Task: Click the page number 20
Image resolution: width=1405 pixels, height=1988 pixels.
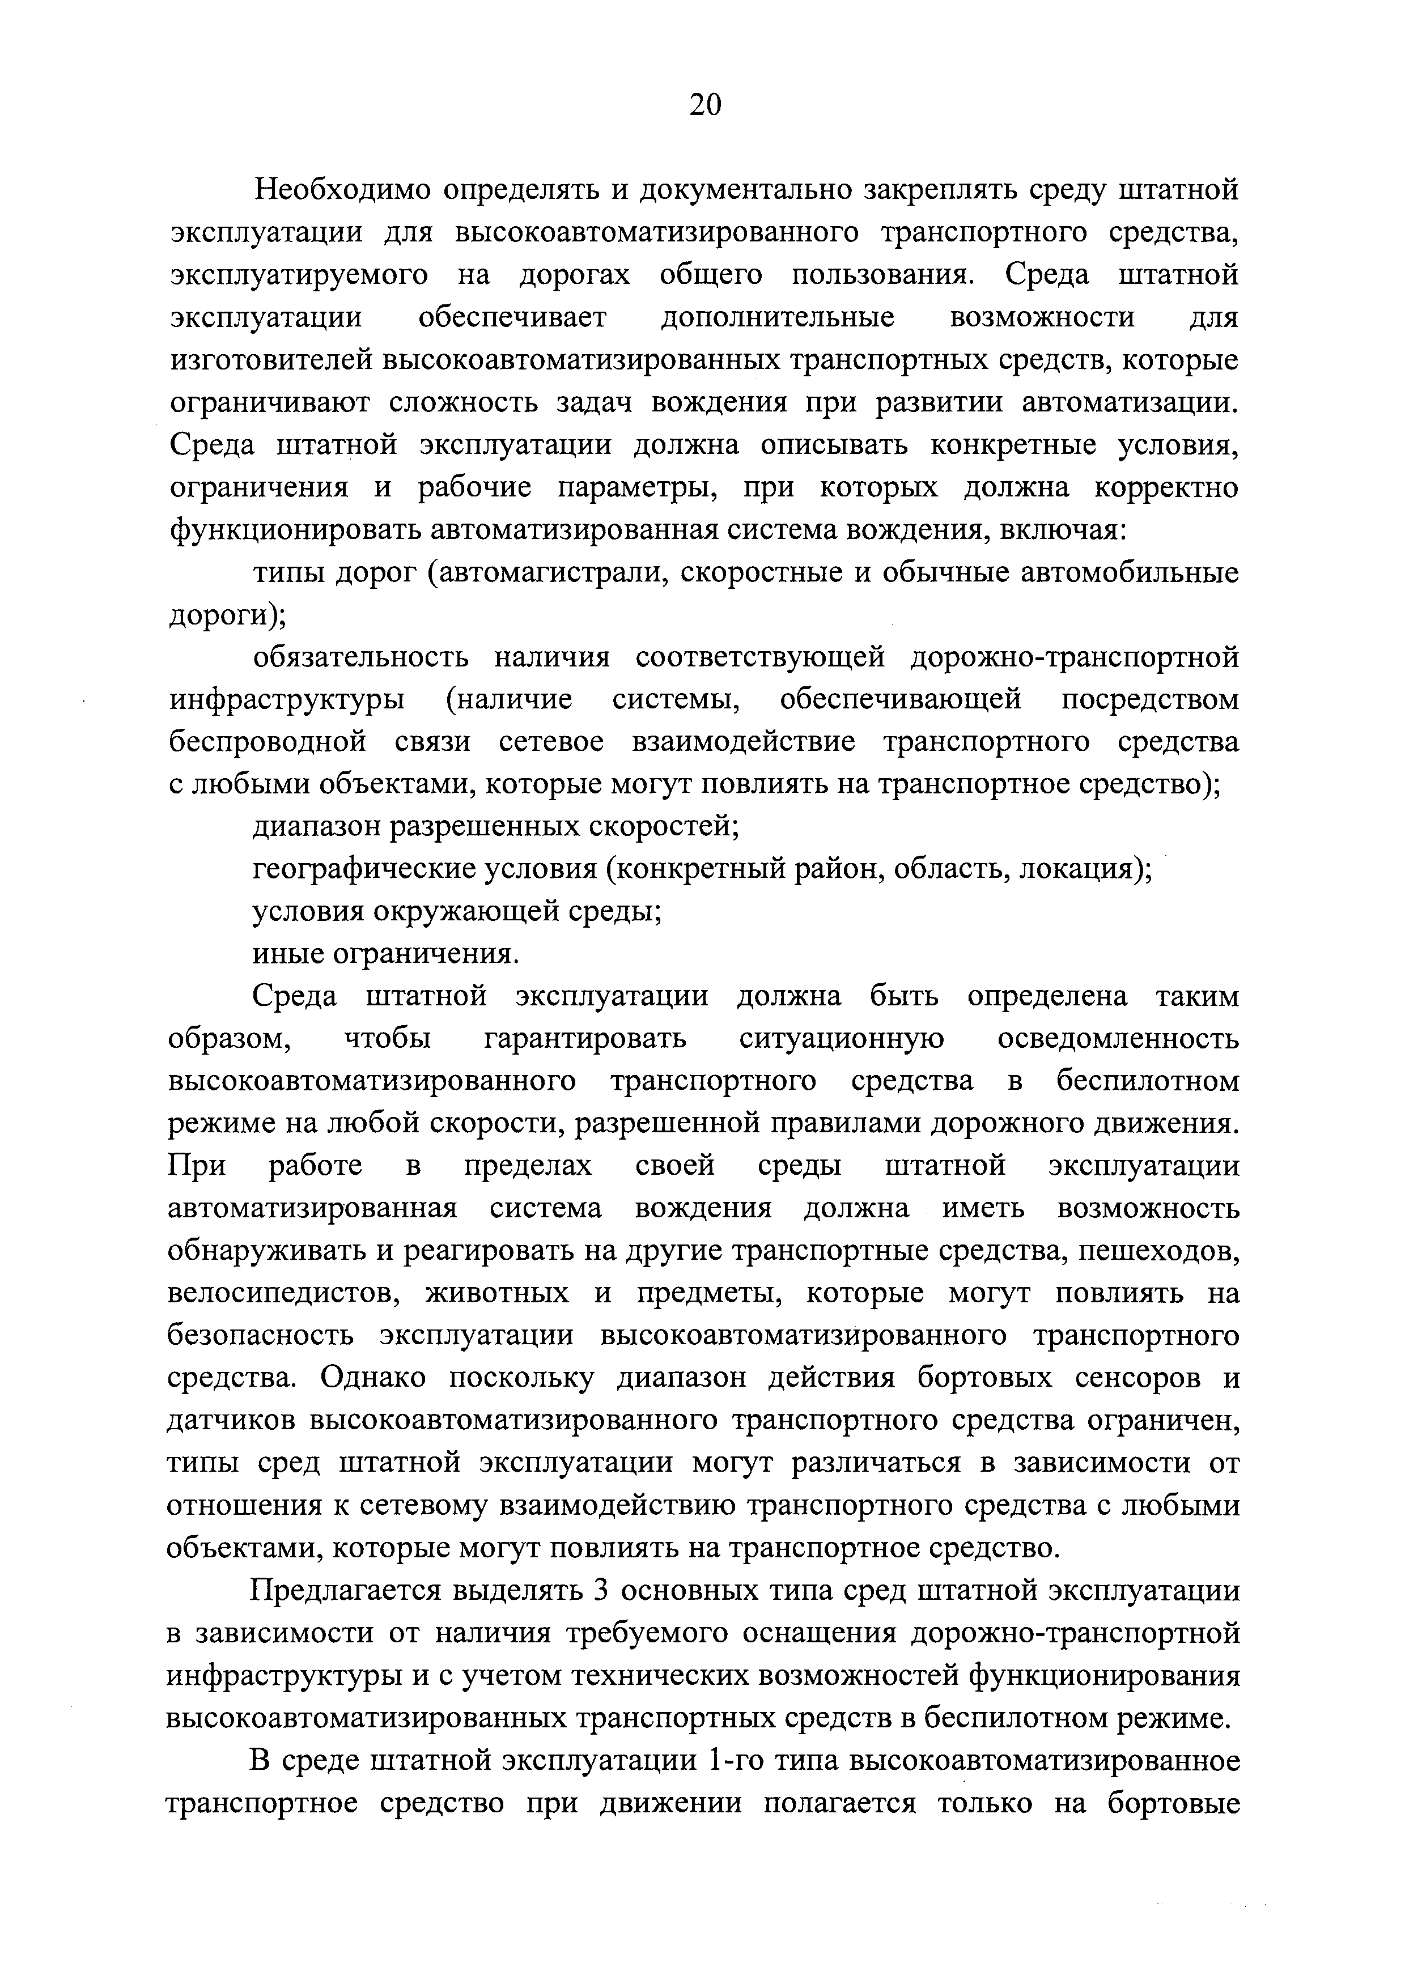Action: [x=704, y=105]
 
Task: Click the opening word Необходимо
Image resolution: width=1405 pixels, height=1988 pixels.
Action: [x=337, y=190]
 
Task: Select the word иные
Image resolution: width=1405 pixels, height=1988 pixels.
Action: [x=286, y=954]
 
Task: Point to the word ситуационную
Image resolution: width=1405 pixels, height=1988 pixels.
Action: [x=842, y=1039]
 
